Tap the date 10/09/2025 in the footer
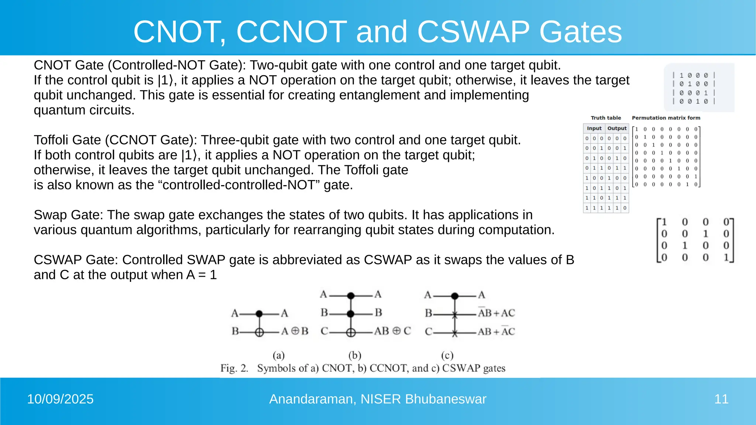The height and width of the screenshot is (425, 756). [x=60, y=399]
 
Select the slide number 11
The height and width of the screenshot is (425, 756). [x=721, y=399]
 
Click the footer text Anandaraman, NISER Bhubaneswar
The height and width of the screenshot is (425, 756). [x=378, y=399]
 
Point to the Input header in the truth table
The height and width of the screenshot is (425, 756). [x=594, y=128]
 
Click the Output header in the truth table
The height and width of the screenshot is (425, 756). [x=617, y=128]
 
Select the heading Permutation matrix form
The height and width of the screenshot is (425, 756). [x=666, y=118]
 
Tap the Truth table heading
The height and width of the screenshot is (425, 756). [x=606, y=118]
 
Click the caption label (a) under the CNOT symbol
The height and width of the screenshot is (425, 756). [x=279, y=355]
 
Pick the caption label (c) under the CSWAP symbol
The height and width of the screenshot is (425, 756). [x=447, y=355]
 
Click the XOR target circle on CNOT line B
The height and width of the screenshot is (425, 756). [x=260, y=332]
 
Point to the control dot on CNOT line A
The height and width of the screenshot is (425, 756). [x=259, y=314]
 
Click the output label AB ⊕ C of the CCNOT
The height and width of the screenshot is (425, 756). [x=392, y=331]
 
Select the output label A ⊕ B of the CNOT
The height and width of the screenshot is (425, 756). [x=295, y=331]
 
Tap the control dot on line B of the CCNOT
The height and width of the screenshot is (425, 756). [x=351, y=314]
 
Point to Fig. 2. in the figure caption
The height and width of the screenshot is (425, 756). [x=234, y=368]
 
